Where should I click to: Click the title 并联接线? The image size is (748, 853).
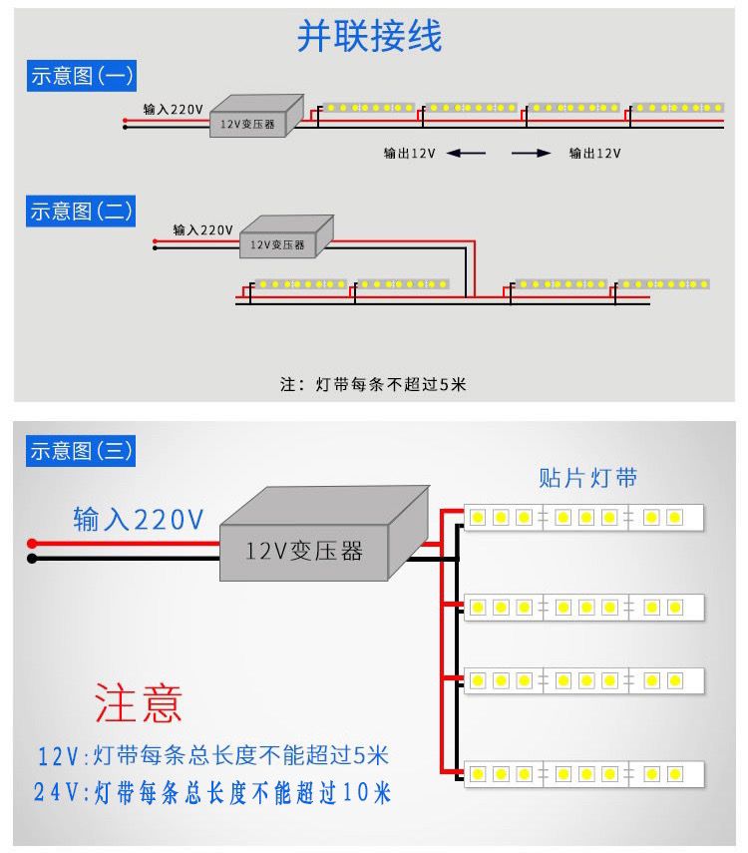369,37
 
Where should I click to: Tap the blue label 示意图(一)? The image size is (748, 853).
81,76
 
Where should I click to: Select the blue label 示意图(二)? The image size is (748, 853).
81,211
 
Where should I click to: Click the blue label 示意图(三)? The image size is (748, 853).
81,450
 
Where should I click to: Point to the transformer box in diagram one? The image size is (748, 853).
254,117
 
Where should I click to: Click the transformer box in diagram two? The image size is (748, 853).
283,237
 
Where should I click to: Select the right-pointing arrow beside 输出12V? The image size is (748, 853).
531,154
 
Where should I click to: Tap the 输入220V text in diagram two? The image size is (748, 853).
202,228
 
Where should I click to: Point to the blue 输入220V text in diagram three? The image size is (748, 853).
138,519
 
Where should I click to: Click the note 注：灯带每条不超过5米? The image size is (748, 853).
372,384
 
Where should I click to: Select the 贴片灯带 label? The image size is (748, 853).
588,478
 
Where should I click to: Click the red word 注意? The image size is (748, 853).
139,702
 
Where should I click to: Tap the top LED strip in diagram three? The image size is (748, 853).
584,518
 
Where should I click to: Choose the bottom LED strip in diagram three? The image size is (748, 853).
584,773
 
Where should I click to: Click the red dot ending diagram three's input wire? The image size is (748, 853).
32,544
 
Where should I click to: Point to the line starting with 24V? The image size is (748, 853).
212,793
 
